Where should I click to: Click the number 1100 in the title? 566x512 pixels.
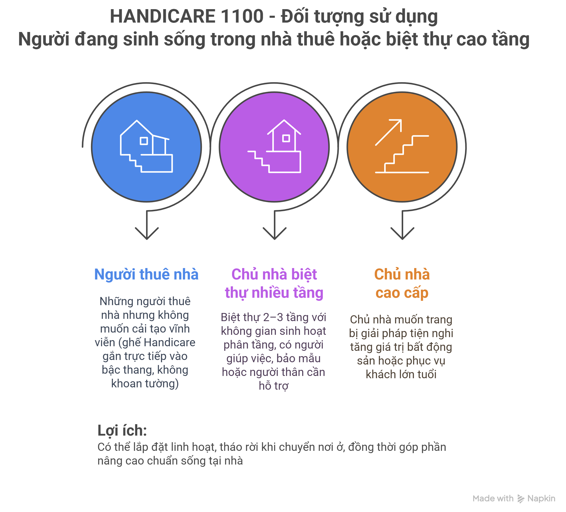tap(242, 16)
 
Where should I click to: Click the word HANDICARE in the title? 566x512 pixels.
tap(163, 16)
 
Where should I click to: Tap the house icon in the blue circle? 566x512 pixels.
tap(146, 146)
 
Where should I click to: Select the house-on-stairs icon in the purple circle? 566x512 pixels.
tap(274, 146)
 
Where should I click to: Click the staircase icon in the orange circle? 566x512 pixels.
tap(402, 154)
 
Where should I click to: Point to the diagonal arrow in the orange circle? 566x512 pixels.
tap(388, 132)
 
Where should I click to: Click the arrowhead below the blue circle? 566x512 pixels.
tap(147, 233)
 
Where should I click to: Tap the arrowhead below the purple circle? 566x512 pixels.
tap(275, 233)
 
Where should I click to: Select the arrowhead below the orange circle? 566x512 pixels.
tap(402, 233)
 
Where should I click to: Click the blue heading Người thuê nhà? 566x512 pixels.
tap(146, 274)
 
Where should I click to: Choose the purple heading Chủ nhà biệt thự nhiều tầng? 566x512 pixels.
tap(274, 284)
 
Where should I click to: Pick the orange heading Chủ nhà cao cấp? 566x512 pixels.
tap(402, 284)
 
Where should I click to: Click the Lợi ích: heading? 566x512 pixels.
tap(122, 431)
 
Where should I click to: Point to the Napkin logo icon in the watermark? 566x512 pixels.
tap(521, 499)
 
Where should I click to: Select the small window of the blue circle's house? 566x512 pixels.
tap(144, 141)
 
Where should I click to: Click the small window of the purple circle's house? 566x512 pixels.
tap(286, 138)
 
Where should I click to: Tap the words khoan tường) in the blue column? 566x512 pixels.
tap(145, 384)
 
